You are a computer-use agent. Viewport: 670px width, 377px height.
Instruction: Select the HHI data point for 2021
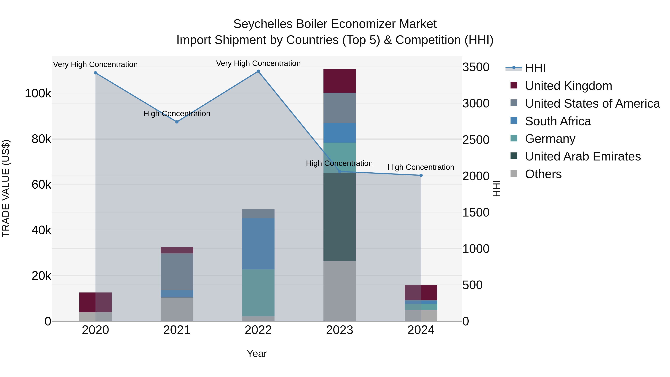(177, 122)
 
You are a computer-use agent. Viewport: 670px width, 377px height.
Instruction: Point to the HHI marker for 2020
(95, 73)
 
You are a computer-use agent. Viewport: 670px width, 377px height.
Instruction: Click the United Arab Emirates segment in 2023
(339, 217)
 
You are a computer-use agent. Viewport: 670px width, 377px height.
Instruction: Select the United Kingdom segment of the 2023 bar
(339, 81)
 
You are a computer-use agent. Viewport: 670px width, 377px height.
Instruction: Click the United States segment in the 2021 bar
(177, 272)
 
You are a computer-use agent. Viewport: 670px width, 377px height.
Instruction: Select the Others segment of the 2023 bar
(339, 291)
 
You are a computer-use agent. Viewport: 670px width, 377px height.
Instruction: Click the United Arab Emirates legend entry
(583, 156)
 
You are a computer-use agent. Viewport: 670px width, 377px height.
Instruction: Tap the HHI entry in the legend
(535, 68)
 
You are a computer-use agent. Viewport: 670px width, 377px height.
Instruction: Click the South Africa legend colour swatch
(514, 121)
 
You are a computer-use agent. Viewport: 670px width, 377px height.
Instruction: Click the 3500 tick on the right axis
(476, 67)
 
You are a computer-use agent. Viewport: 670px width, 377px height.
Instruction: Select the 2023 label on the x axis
(339, 330)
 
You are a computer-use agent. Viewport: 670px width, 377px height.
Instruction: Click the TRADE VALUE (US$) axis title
(6, 188)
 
